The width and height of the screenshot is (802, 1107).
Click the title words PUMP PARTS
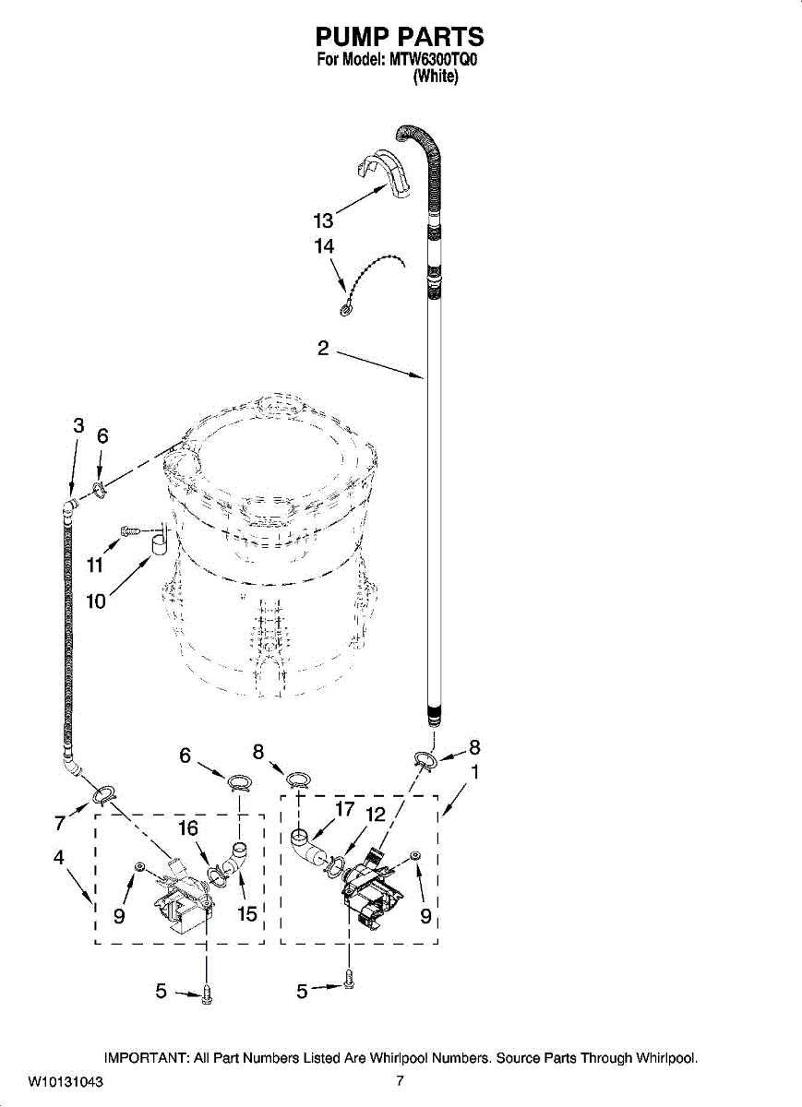(400, 37)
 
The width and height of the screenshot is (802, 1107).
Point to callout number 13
(323, 220)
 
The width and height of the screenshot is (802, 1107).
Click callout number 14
(323, 246)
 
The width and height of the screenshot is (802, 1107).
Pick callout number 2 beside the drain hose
(323, 348)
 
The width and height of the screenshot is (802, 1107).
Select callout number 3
(78, 425)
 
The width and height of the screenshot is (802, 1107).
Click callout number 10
(96, 601)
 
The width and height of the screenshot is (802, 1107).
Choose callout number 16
(187, 827)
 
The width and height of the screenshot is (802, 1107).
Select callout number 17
(344, 809)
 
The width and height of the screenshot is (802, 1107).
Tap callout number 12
(375, 815)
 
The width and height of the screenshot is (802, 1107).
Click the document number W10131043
(66, 1082)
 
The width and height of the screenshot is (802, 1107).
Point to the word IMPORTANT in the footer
(147, 1058)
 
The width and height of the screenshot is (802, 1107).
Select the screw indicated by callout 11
(130, 530)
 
